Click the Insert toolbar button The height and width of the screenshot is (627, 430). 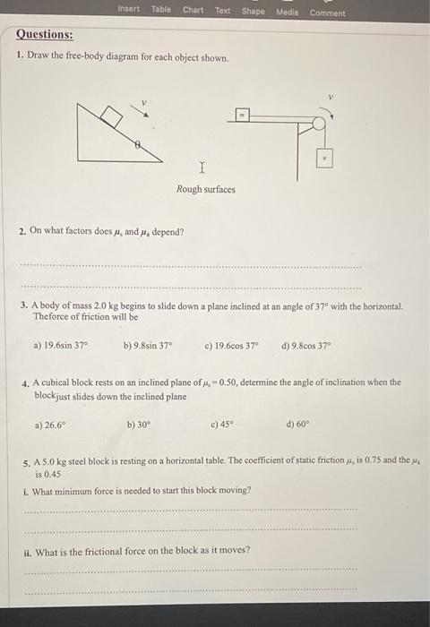[130, 11]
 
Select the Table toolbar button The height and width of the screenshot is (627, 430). [161, 11]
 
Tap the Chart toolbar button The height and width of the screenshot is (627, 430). [193, 11]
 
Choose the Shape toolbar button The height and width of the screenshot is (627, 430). [254, 11]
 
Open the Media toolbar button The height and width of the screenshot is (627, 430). [287, 11]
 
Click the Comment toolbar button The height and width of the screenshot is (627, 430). [327, 12]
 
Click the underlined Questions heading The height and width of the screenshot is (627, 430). [45, 35]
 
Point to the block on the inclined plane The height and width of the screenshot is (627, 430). [110, 115]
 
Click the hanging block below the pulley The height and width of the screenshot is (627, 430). [326, 159]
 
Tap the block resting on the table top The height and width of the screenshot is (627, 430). [242, 115]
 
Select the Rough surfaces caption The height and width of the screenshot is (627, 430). [206, 190]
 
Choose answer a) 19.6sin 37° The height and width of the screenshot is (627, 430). [61, 345]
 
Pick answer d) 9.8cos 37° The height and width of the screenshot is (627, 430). [305, 345]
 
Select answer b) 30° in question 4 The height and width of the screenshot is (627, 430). [139, 426]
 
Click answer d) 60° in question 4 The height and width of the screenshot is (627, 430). [297, 426]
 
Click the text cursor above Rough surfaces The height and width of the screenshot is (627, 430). [202, 167]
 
